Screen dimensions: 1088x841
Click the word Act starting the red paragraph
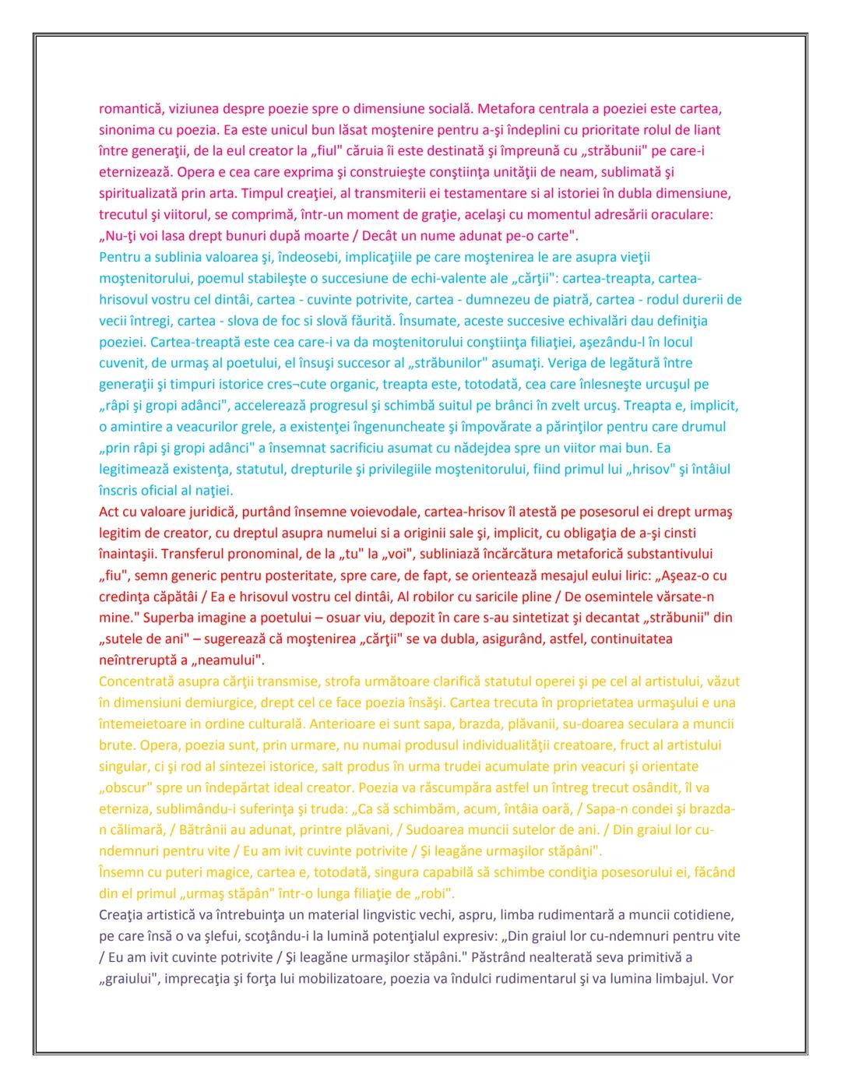pyautogui.click(x=110, y=512)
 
